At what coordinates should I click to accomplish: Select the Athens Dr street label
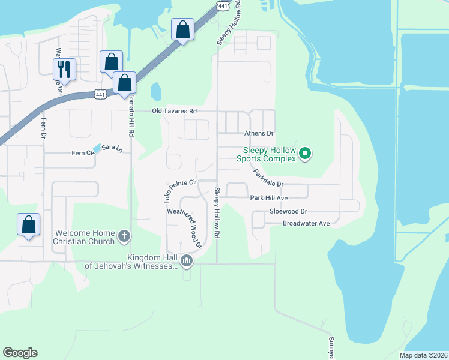point(259,133)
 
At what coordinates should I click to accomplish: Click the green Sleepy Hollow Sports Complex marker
point(304,154)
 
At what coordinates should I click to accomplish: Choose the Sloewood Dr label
point(288,211)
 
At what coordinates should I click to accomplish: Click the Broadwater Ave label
point(306,223)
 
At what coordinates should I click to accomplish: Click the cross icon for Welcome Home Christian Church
point(124,236)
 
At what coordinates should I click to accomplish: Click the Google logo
point(20,353)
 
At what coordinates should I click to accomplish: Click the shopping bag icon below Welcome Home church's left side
point(28,225)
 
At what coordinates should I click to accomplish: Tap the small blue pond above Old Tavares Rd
point(156,91)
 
